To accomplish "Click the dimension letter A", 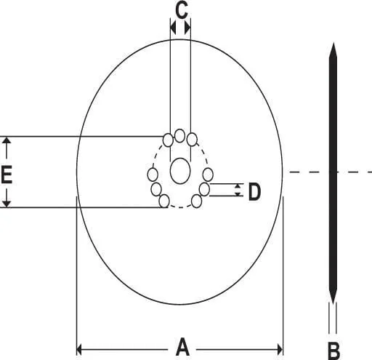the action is click(182, 347).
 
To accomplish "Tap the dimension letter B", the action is click(333, 351).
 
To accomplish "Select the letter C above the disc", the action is click(182, 10).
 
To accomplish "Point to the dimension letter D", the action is click(254, 192).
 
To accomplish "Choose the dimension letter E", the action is click(7, 174).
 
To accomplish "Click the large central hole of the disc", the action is click(180, 171).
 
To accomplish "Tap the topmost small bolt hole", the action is click(179, 136).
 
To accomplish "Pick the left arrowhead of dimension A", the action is click(79, 350).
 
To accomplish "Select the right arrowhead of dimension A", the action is click(280, 350).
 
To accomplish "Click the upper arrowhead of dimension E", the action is click(7, 140).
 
